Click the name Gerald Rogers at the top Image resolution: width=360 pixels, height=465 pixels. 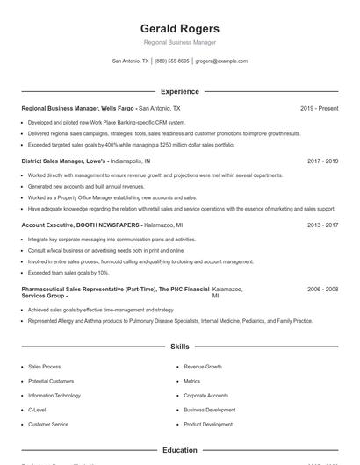(x=179, y=28)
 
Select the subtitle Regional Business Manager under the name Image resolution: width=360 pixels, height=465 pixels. (x=179, y=42)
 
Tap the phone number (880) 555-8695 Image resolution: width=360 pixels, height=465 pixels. (x=172, y=61)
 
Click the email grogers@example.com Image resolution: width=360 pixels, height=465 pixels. (x=221, y=61)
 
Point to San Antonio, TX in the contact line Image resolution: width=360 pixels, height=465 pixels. (x=131, y=61)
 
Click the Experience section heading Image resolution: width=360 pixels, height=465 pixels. (x=179, y=91)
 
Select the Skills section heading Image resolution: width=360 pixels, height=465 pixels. (x=179, y=347)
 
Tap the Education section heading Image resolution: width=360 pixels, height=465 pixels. (x=179, y=450)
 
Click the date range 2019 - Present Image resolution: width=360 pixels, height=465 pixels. (x=319, y=108)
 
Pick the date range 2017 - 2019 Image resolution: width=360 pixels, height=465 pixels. (x=323, y=161)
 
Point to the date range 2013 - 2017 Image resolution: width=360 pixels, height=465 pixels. (x=323, y=225)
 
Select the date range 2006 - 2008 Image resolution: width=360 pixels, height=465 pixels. (x=323, y=289)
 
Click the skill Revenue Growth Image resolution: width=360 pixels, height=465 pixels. (x=203, y=367)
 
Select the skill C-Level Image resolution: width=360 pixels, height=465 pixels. (x=37, y=410)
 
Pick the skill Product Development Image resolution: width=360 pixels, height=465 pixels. (x=208, y=425)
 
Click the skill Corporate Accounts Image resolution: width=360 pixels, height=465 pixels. (x=206, y=396)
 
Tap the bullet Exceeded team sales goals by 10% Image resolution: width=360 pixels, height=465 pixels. (x=68, y=273)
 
